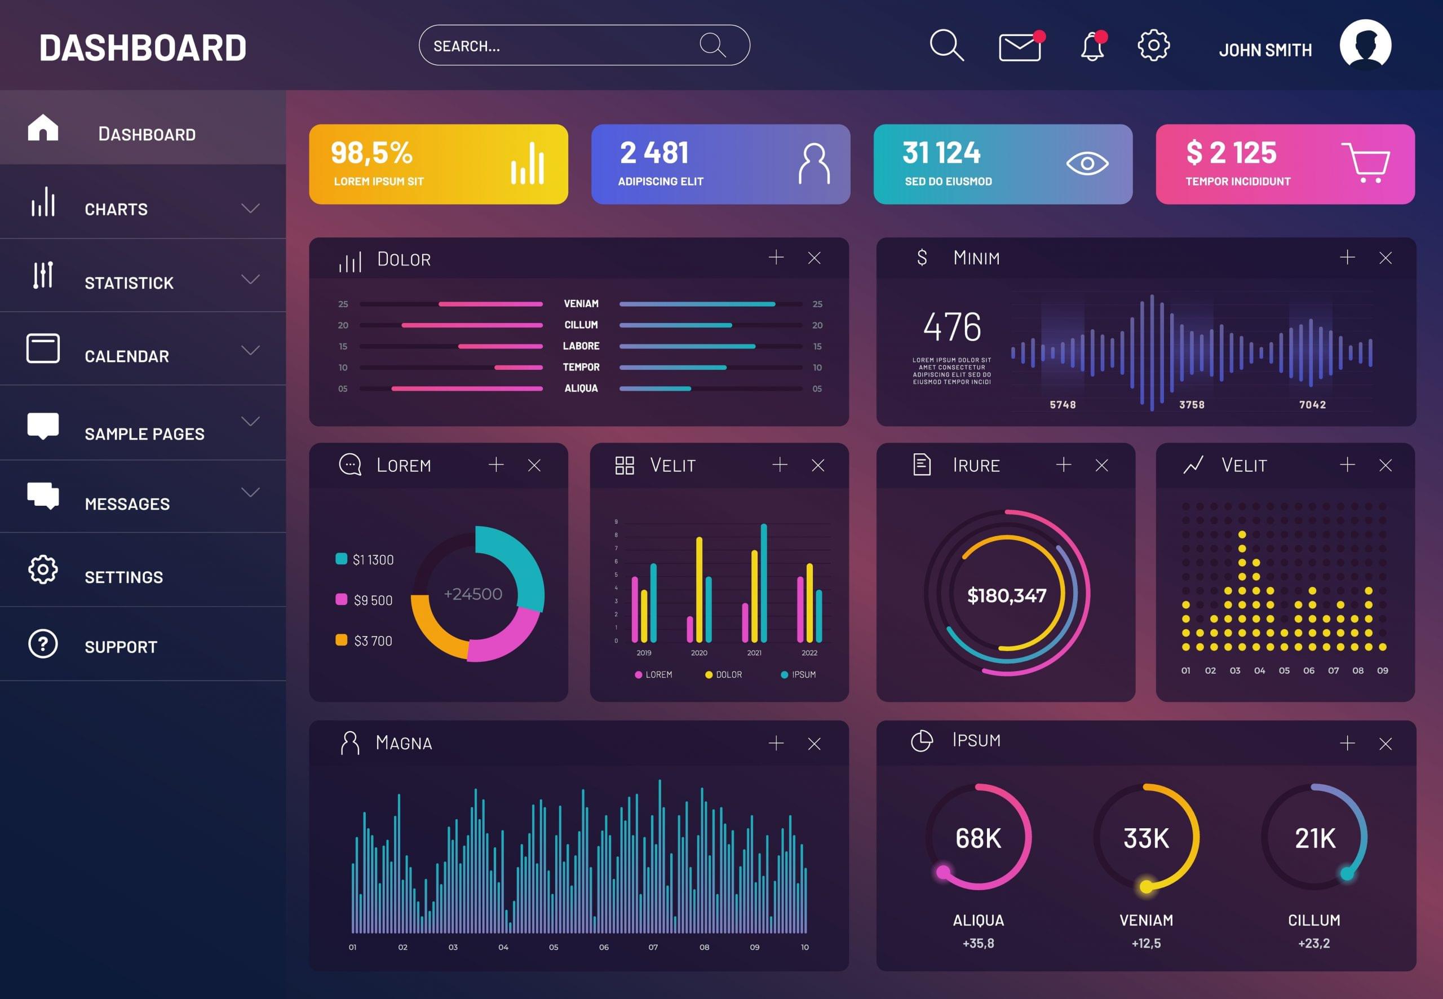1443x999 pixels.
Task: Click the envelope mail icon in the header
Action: [x=1019, y=47]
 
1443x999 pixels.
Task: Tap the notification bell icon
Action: [x=1092, y=46]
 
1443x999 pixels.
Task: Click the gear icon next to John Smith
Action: [x=1153, y=45]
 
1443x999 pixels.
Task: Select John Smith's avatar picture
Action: [x=1365, y=45]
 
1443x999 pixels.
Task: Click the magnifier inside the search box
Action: [x=712, y=45]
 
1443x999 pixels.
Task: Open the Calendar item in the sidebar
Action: [x=126, y=356]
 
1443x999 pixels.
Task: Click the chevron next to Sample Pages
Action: [x=250, y=421]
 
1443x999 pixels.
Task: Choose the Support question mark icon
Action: [x=42, y=643]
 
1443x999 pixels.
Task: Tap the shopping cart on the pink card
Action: [x=1365, y=163]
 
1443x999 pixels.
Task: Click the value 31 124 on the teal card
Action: [x=941, y=153]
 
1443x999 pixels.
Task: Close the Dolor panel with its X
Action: [x=813, y=258]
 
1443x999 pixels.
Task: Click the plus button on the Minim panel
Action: [x=1347, y=257]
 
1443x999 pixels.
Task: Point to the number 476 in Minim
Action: [x=952, y=327]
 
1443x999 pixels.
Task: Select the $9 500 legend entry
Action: [x=373, y=600]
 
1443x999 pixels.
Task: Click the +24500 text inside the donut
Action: [x=472, y=594]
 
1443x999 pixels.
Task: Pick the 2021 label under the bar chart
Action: [x=754, y=653]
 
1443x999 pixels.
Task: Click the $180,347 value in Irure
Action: [x=1006, y=595]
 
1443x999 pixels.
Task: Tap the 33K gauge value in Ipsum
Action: [x=1146, y=838]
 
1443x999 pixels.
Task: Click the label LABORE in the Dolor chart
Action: [x=581, y=346]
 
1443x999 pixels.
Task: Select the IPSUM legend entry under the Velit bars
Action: [x=803, y=674]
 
